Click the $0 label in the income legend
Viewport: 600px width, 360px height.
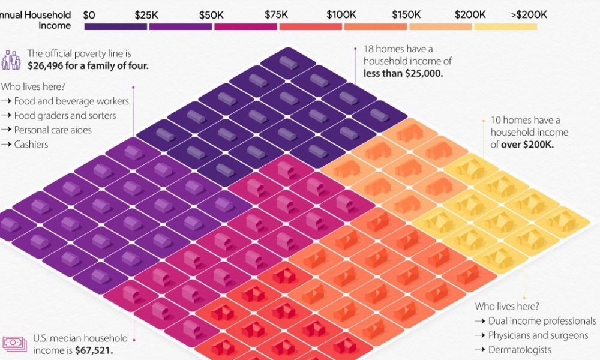pos(91,14)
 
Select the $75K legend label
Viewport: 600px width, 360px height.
pos(276,14)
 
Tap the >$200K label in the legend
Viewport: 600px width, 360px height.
pos(529,14)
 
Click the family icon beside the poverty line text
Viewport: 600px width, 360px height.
pos(11,59)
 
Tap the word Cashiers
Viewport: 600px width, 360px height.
pos(31,145)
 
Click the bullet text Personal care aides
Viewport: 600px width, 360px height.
pos(53,130)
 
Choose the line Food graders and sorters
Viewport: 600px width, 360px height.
pos(65,116)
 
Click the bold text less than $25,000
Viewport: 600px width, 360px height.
pos(403,74)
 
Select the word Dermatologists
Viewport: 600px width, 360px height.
pos(520,350)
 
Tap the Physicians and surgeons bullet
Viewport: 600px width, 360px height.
pos(538,336)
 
